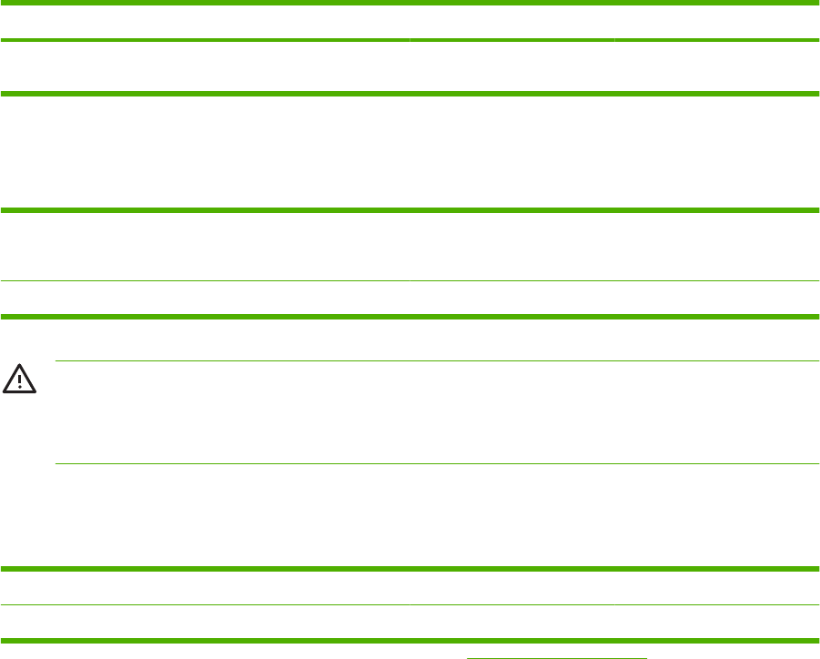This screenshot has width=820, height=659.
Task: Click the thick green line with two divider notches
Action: [410, 41]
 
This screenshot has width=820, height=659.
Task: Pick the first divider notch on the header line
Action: [410, 41]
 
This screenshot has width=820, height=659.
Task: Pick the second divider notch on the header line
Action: [614, 41]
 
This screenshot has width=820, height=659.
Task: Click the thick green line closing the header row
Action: [410, 93]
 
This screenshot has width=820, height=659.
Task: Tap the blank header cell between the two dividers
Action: [511, 66]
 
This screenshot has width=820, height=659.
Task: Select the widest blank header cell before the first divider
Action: [205, 66]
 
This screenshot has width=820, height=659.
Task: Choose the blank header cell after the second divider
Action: [716, 66]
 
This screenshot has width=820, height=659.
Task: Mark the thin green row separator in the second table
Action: [410, 281]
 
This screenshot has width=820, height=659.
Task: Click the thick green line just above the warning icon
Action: [410, 316]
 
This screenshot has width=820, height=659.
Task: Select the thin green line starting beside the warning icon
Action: [437, 361]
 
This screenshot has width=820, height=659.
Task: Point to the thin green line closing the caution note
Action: [437, 464]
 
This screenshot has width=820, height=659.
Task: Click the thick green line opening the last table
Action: [410, 569]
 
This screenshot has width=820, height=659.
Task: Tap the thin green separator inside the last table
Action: [410, 605]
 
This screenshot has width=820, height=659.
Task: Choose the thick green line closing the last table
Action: [410, 639]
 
